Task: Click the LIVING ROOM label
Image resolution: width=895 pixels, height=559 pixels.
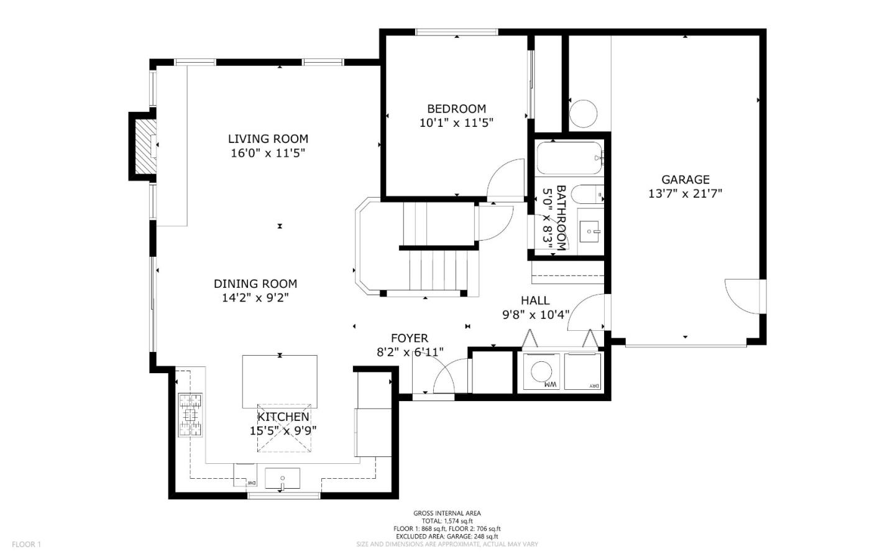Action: (268, 139)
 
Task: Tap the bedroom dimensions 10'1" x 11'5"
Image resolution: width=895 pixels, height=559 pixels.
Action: (456, 123)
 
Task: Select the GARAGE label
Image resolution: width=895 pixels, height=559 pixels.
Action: (685, 180)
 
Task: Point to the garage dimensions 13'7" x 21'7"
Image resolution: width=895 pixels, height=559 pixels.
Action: (685, 194)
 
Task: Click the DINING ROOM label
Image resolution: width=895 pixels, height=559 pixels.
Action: (255, 284)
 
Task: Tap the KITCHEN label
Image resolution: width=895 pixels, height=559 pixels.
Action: (283, 417)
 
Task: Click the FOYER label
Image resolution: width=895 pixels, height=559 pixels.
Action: (409, 338)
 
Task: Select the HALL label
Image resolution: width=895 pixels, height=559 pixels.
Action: (535, 300)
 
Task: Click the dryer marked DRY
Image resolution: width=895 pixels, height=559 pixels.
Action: (583, 372)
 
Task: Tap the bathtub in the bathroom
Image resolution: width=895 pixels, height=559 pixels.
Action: (569, 159)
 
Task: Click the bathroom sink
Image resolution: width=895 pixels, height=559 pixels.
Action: (589, 231)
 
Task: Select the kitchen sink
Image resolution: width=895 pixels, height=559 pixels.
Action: (282, 479)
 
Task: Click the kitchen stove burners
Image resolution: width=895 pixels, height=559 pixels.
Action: (190, 414)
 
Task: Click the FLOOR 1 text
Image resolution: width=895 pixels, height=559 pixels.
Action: (26, 545)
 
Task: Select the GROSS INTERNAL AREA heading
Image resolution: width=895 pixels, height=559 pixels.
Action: (447, 513)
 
